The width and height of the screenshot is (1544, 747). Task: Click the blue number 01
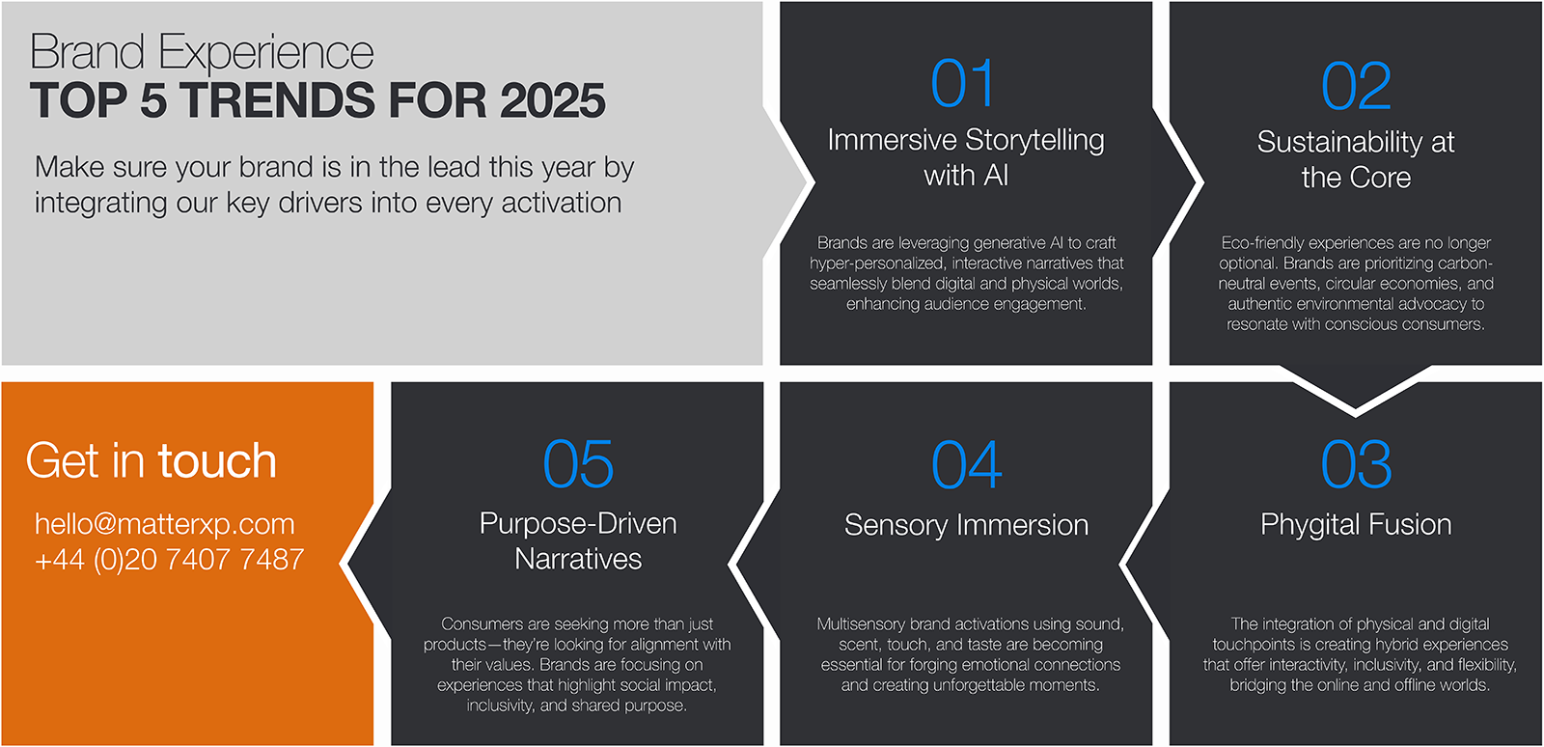pyautogui.click(x=962, y=83)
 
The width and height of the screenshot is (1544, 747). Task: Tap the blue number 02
pyautogui.click(x=1356, y=86)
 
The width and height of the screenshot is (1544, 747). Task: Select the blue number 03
pyautogui.click(x=1356, y=464)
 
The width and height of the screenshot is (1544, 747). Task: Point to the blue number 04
pyautogui.click(x=966, y=464)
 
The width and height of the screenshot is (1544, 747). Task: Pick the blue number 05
pyautogui.click(x=578, y=463)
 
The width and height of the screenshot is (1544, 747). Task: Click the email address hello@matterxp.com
pyautogui.click(x=165, y=524)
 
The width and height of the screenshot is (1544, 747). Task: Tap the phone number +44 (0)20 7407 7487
pyautogui.click(x=169, y=560)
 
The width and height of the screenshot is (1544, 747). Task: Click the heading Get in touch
pyautogui.click(x=151, y=460)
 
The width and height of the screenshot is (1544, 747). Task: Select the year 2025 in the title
pyautogui.click(x=553, y=100)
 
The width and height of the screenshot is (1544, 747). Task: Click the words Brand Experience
pyautogui.click(x=202, y=52)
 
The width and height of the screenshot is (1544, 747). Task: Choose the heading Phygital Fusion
pyautogui.click(x=1356, y=524)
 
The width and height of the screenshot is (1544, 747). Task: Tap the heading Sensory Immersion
pyautogui.click(x=966, y=525)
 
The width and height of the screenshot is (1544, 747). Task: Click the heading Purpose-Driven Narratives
pyautogui.click(x=578, y=541)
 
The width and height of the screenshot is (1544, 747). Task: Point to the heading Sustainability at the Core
pyautogui.click(x=1356, y=159)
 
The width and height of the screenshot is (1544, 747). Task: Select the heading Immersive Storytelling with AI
pyautogui.click(x=966, y=158)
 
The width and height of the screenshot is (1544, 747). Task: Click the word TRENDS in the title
pyautogui.click(x=279, y=100)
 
